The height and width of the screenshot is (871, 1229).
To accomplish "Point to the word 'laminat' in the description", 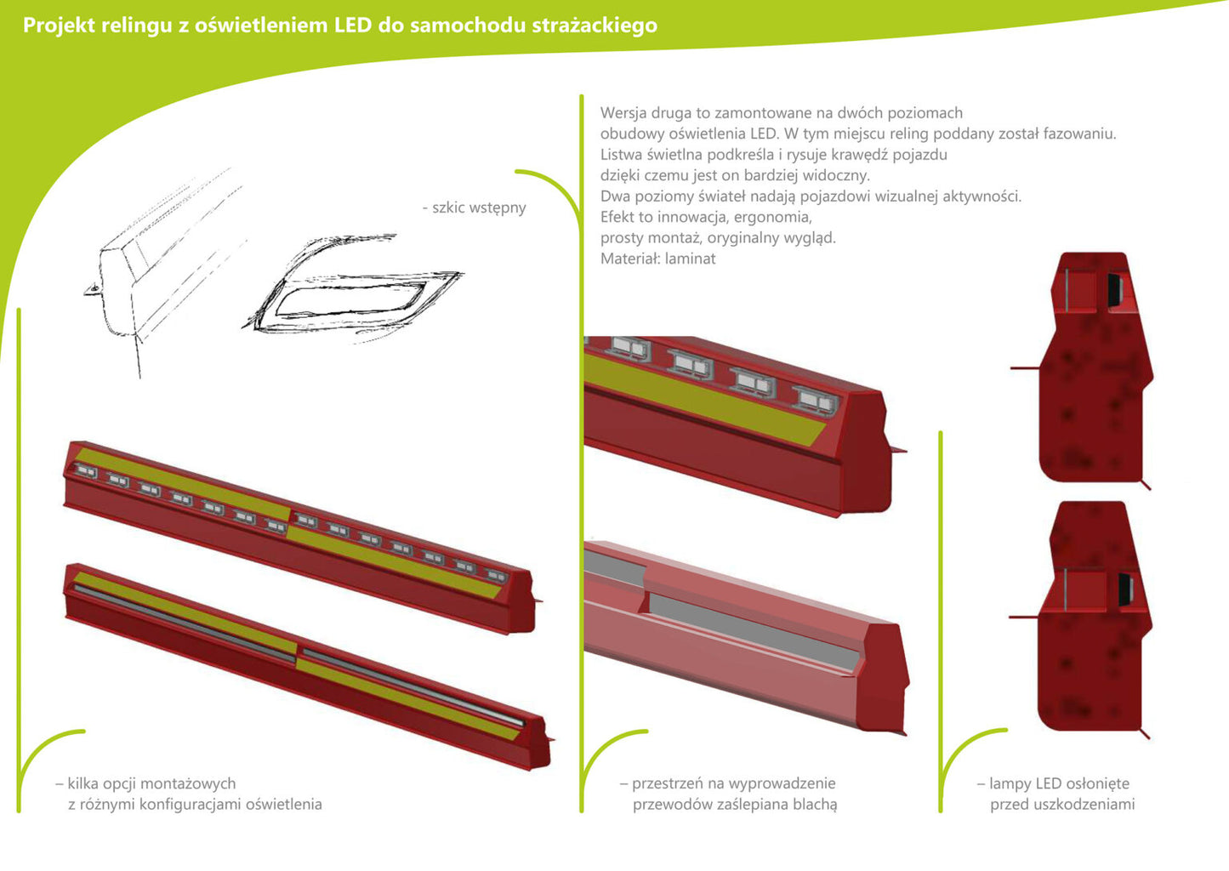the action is click(x=691, y=259).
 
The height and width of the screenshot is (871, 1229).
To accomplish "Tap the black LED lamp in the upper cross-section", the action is click(x=1114, y=289).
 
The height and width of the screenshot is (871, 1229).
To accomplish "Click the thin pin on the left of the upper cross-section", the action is click(x=1025, y=368).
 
